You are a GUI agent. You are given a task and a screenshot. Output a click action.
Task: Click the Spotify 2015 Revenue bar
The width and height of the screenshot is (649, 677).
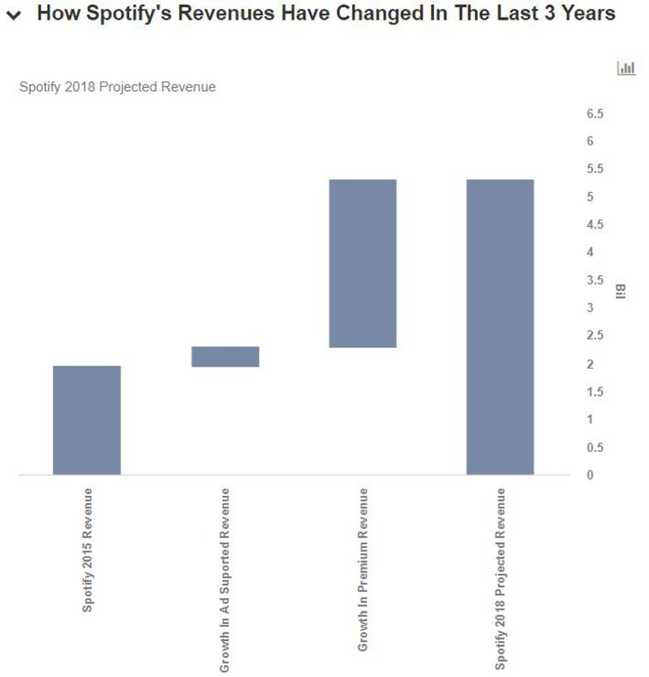click(87, 420)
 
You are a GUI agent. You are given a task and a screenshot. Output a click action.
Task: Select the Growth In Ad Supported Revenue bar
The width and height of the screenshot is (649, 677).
click(225, 357)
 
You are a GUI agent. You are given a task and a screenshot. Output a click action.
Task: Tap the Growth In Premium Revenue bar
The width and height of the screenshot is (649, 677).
click(363, 264)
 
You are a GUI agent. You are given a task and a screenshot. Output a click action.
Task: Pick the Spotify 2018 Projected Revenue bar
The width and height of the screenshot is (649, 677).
click(500, 327)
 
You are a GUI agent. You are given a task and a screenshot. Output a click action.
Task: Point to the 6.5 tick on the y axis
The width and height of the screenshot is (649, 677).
click(594, 114)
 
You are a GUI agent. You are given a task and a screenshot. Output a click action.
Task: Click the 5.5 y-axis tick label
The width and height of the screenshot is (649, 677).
click(594, 169)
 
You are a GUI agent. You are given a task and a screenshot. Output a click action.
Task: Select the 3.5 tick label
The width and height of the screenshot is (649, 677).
click(594, 280)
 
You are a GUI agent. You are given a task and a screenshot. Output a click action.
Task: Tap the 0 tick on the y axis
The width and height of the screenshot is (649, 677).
click(590, 475)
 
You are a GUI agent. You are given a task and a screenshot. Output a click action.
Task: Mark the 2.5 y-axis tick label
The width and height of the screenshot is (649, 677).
click(594, 336)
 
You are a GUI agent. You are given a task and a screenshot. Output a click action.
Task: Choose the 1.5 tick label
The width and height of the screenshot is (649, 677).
click(594, 391)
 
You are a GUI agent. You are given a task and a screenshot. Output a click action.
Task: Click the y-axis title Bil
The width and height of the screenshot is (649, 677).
click(620, 292)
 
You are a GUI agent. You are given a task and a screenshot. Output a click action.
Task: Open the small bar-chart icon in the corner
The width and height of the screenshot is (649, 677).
click(626, 68)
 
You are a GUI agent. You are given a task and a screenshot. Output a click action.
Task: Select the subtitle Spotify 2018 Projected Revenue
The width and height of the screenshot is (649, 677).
click(117, 87)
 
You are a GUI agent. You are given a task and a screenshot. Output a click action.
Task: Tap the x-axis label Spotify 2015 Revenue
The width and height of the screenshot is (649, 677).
click(87, 550)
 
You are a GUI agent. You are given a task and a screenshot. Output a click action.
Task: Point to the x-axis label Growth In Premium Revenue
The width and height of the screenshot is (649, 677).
click(363, 569)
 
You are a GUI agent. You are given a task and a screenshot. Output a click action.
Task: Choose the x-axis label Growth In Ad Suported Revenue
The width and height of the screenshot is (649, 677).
click(225, 579)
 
